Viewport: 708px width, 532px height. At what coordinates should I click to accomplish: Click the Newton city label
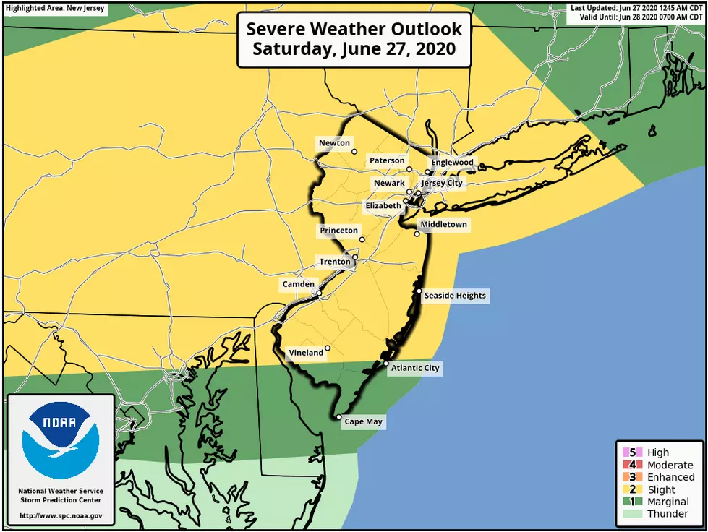tap(334, 143)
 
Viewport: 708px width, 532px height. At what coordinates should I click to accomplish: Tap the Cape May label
tap(364, 421)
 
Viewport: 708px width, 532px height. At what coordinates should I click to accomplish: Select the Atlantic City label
tap(414, 368)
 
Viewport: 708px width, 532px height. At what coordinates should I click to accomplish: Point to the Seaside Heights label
tap(455, 296)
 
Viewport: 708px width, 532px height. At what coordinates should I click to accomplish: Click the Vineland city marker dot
tap(328, 348)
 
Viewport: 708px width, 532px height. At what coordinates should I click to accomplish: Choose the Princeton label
tap(338, 231)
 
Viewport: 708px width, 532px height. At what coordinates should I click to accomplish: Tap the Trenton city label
tap(334, 261)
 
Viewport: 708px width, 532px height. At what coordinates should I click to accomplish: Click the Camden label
tap(298, 284)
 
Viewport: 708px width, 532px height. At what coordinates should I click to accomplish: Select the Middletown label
tap(444, 225)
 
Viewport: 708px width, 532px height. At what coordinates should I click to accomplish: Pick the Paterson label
tap(387, 160)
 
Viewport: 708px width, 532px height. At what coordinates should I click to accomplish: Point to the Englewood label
tap(452, 162)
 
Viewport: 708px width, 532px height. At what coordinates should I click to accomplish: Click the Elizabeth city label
tap(383, 205)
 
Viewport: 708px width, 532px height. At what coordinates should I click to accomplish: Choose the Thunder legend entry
tap(667, 514)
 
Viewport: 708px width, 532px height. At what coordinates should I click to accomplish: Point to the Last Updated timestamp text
tap(636, 8)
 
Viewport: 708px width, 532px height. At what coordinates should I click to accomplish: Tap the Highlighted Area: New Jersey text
tap(54, 9)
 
